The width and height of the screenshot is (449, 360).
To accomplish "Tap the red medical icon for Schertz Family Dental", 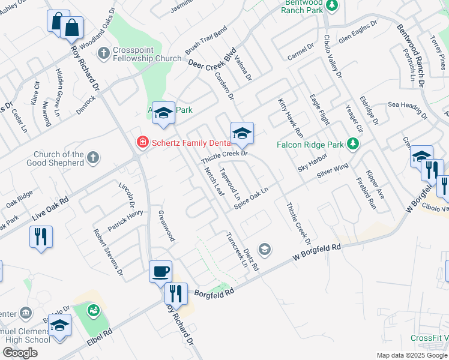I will coord(142,142).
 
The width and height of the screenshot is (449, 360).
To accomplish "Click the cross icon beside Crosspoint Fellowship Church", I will coord(103,53).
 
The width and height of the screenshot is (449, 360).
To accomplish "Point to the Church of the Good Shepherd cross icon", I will coord(92,158).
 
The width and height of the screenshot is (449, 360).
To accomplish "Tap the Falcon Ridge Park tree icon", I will coord(354,144).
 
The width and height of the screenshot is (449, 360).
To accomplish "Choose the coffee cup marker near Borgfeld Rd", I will coord(161,271).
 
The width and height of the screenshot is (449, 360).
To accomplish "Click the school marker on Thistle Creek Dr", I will coord(242,133).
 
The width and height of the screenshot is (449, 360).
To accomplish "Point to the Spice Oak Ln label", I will coord(250,198).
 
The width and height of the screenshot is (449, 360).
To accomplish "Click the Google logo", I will coord(20,353).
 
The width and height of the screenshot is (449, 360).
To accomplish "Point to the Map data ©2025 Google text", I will coord(411,355).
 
